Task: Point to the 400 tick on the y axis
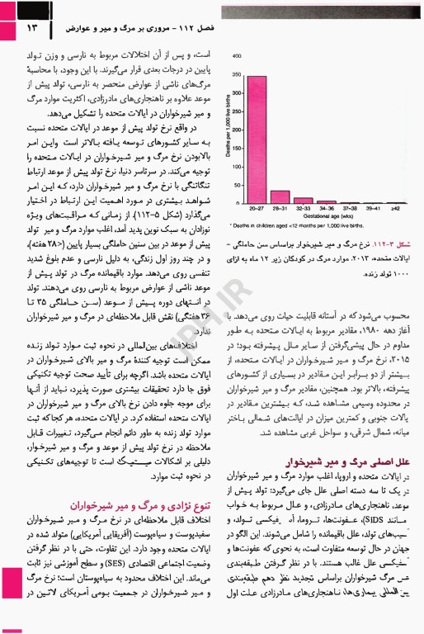coord(238,56)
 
